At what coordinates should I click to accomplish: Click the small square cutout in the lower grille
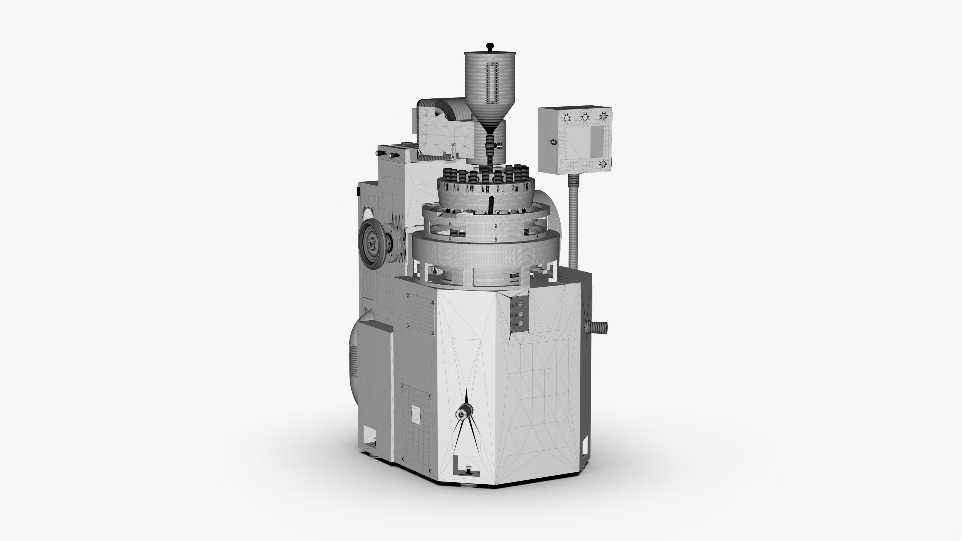click(416, 415)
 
